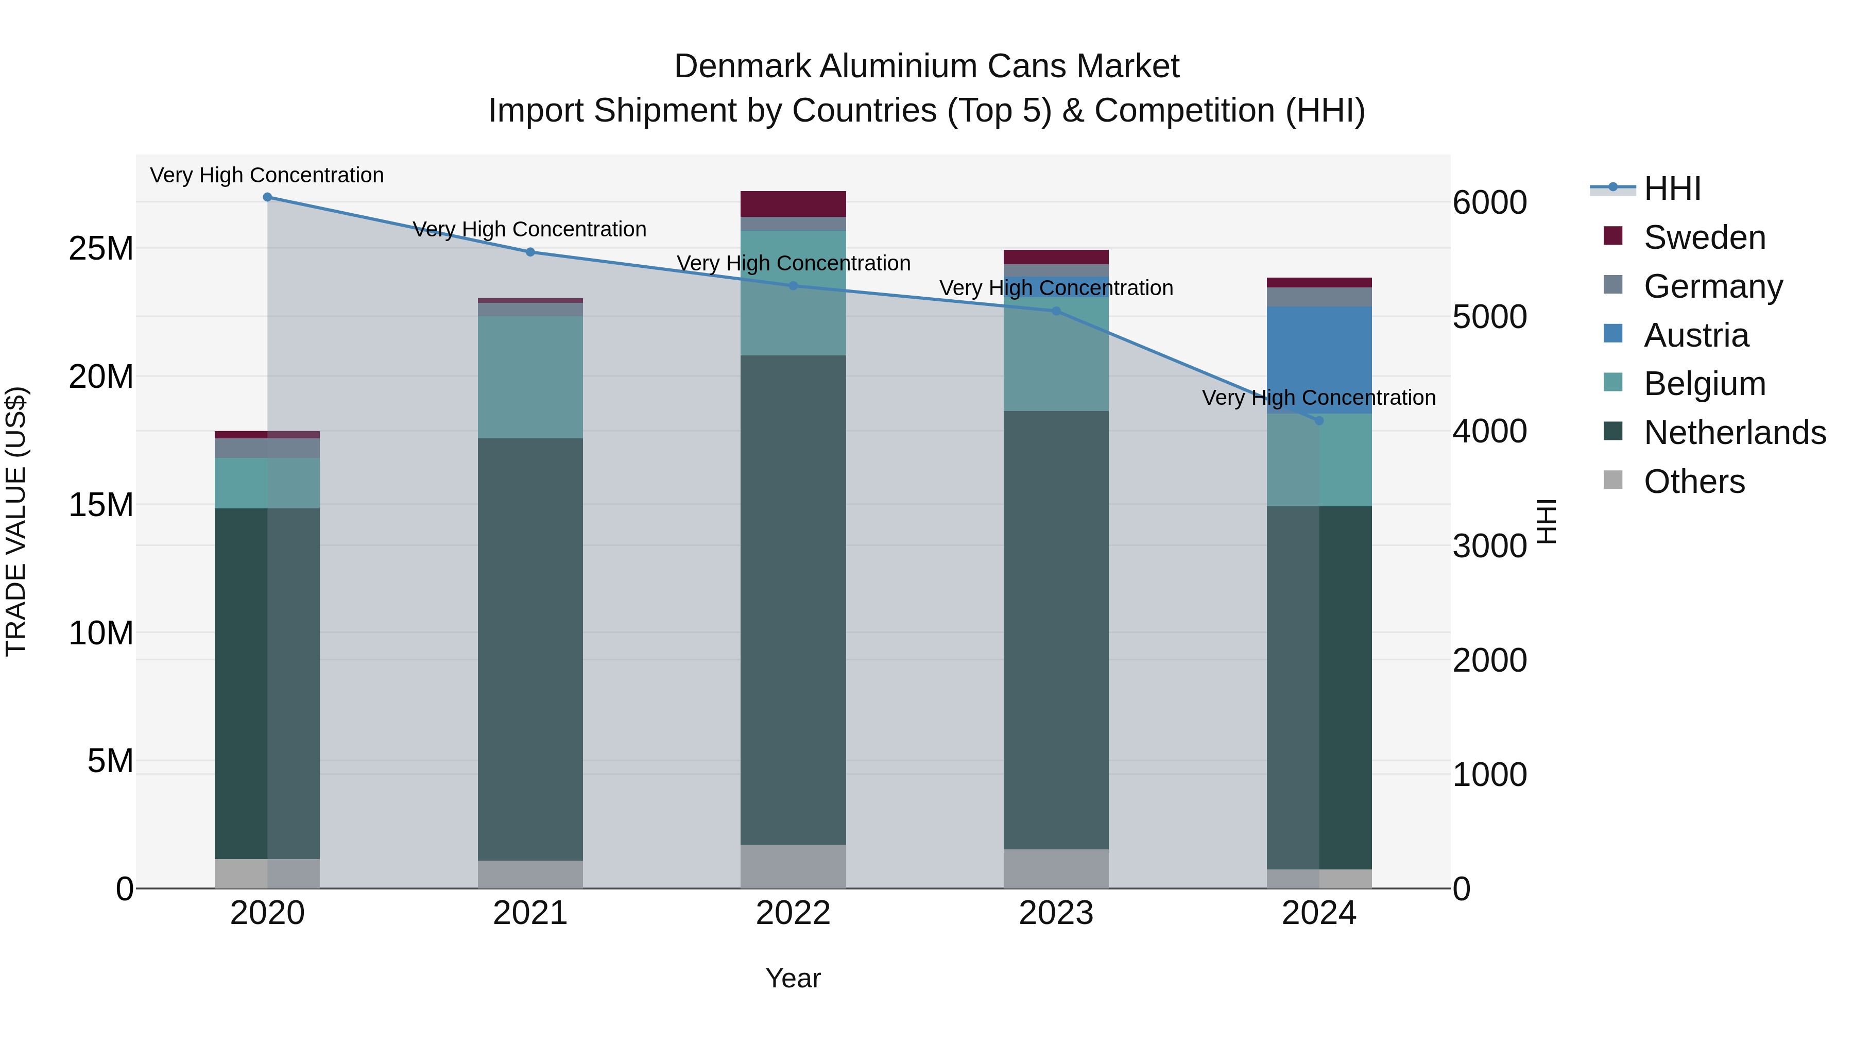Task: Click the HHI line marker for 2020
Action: coord(267,197)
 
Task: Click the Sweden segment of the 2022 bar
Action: coord(793,203)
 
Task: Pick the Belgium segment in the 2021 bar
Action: coord(530,377)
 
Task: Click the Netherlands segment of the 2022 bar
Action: coord(793,599)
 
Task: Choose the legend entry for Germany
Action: coord(1713,286)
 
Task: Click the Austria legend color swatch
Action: coord(1613,334)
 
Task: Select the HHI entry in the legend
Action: coord(1672,189)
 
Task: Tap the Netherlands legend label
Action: coord(1735,433)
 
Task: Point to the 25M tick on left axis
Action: coord(101,248)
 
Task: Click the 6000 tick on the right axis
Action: coord(1489,202)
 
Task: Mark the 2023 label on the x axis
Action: coord(1055,913)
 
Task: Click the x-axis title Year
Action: coord(793,978)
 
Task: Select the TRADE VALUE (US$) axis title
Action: coord(16,521)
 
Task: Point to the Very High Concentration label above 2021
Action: coord(530,229)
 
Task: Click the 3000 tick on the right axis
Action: coord(1489,545)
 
